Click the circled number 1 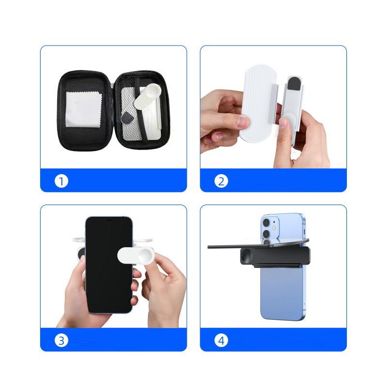click(61, 181)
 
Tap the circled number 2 click(221, 181)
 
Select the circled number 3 click(61, 341)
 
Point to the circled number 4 click(221, 341)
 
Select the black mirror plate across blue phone click(227, 246)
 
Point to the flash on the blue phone click(275, 227)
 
